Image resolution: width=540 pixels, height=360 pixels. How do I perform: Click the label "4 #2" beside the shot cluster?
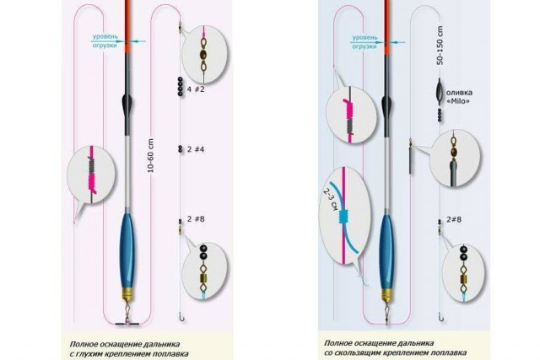point(196,89)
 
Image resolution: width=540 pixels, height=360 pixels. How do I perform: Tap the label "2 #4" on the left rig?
point(196,149)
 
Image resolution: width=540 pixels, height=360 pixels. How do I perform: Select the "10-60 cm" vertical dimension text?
point(150,156)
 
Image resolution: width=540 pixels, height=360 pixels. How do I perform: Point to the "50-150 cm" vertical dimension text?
point(440,46)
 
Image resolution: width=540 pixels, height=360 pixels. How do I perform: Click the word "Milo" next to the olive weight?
point(458,101)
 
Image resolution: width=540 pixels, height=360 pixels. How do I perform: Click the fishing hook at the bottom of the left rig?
point(182,317)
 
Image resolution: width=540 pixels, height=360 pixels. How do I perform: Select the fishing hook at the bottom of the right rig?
point(441,317)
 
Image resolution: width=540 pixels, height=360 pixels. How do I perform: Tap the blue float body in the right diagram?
point(387,251)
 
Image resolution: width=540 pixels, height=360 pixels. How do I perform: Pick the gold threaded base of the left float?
point(127,293)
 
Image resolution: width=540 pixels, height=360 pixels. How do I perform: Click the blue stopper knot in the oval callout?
point(343,217)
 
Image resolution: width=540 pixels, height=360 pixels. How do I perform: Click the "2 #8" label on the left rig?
point(196,219)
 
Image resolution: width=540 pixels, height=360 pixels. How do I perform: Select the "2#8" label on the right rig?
point(454,219)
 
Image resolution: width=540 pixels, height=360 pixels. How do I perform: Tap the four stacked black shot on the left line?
point(180,86)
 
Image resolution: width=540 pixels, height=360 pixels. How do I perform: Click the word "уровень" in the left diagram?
point(105,36)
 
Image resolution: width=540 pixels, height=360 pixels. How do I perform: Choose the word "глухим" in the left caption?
point(91,354)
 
